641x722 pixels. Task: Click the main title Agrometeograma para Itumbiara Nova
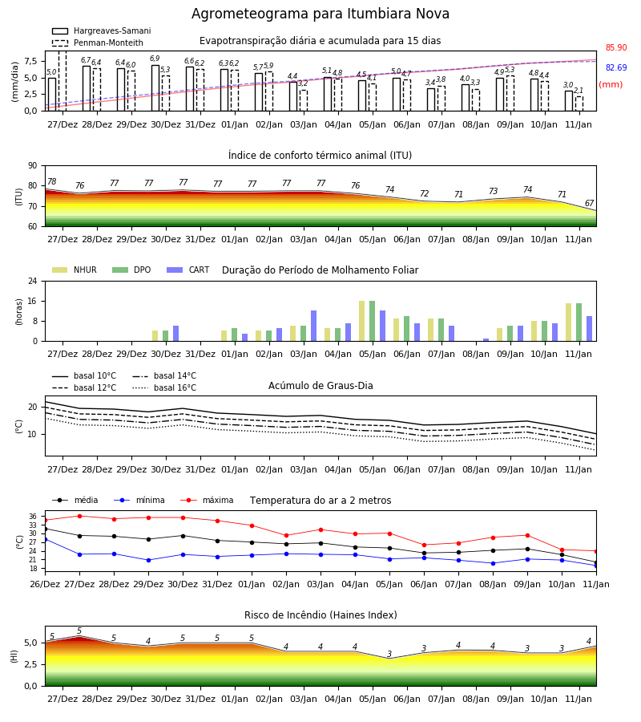320,14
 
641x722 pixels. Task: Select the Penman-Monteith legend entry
98,43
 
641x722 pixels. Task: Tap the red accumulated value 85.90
616,47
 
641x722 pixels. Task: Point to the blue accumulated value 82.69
616,67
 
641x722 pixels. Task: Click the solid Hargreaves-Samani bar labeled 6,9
155,88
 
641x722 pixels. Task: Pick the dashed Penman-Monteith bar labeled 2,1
579,103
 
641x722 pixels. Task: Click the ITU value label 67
589,203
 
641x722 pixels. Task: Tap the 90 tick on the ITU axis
33,166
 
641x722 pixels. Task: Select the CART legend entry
187,270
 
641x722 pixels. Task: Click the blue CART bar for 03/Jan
313,326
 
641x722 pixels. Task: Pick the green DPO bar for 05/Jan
372,321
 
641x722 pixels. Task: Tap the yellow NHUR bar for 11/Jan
569,322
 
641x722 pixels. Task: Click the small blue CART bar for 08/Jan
486,340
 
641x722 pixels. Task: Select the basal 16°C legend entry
164,387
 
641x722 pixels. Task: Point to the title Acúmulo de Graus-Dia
320,385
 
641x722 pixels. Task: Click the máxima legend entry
207,500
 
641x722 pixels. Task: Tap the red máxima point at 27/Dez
79,516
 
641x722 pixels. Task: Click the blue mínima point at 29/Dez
148,561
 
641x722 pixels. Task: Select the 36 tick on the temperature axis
33,517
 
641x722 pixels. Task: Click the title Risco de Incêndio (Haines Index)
320,615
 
